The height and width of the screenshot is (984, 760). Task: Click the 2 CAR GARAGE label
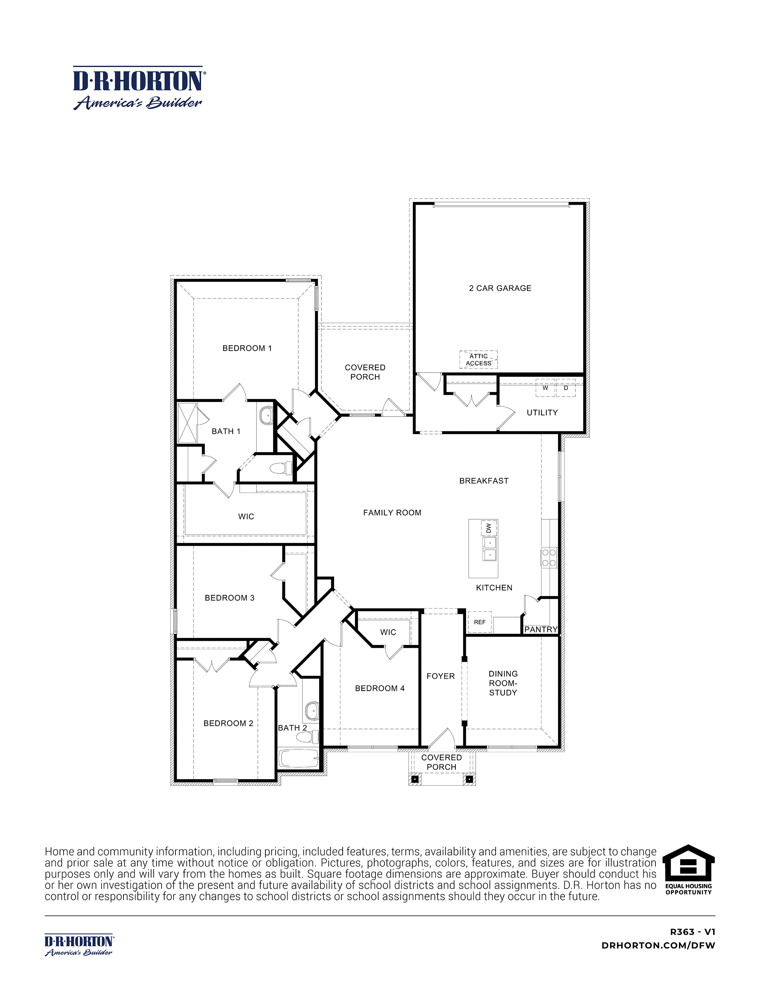[x=500, y=288]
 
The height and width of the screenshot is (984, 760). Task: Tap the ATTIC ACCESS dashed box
[x=478, y=360]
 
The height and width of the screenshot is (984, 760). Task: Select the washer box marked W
[x=545, y=388]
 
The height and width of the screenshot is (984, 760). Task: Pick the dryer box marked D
[x=566, y=388]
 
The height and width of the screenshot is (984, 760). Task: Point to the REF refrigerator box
[x=479, y=622]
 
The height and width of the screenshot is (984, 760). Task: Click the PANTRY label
[x=541, y=629]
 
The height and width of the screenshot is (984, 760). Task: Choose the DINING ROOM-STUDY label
[x=503, y=683]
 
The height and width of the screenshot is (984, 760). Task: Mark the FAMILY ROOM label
[x=392, y=513]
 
